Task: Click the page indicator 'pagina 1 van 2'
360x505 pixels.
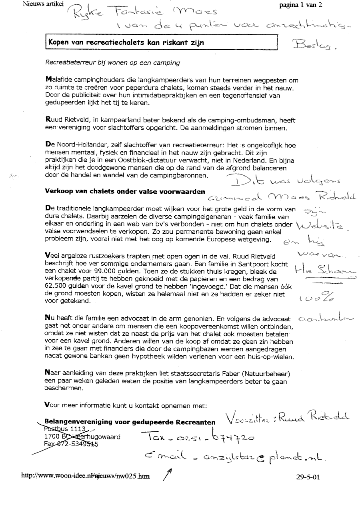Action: click(300, 5)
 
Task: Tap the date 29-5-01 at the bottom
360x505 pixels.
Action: click(310, 477)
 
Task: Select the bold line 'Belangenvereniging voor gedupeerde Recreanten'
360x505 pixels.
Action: click(130, 422)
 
